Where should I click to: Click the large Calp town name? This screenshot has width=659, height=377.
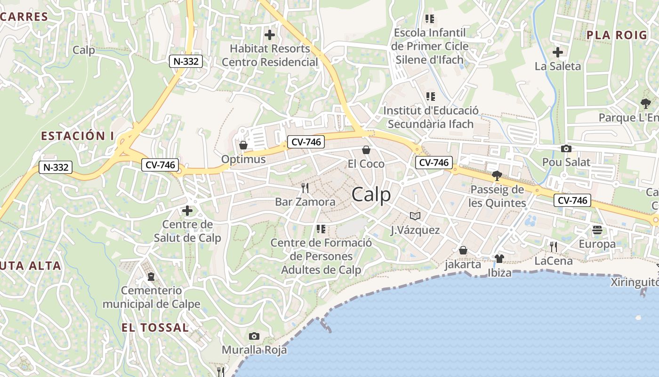pyautogui.click(x=371, y=194)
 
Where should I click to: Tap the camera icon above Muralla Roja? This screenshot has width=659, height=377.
pyautogui.click(x=254, y=336)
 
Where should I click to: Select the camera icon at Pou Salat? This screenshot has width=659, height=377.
pyautogui.click(x=566, y=149)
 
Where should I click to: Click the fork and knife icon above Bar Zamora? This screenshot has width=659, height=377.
pyautogui.click(x=305, y=188)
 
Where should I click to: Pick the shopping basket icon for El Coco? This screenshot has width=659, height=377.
pyautogui.click(x=366, y=150)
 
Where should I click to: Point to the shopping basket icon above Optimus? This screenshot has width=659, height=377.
pyautogui.click(x=243, y=145)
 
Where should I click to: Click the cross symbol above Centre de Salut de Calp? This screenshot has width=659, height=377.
pyautogui.click(x=187, y=211)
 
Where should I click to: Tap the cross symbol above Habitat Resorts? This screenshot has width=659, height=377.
pyautogui.click(x=270, y=34)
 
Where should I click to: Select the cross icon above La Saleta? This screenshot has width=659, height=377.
pyautogui.click(x=558, y=52)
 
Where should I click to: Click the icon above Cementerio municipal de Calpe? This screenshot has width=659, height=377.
pyautogui.click(x=151, y=276)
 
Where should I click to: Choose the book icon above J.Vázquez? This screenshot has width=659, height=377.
pyautogui.click(x=415, y=216)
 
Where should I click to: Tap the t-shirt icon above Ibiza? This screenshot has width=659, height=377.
pyautogui.click(x=499, y=259)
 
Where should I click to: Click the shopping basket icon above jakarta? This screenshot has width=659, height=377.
pyautogui.click(x=463, y=250)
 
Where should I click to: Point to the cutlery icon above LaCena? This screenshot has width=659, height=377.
pyautogui.click(x=554, y=246)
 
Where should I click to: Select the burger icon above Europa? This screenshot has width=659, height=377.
pyautogui.click(x=597, y=230)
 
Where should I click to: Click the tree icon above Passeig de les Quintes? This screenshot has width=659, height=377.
pyautogui.click(x=496, y=176)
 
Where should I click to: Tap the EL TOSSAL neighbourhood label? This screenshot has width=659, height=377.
pyautogui.click(x=155, y=328)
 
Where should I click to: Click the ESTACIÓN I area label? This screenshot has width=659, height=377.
pyautogui.click(x=78, y=136)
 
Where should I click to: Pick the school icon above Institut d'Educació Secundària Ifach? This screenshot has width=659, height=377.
pyautogui.click(x=430, y=97)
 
